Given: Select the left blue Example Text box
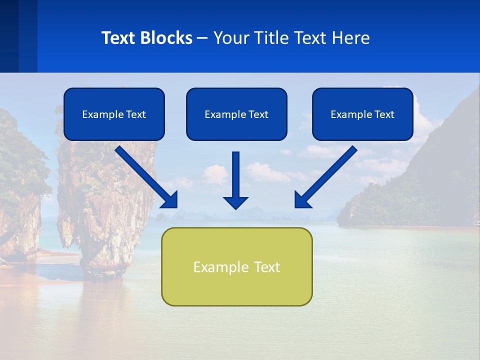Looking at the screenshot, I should (x=114, y=114).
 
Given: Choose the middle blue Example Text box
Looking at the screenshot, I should (x=236, y=114).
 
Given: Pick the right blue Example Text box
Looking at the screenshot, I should (x=362, y=114).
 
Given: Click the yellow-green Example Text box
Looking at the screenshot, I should (x=236, y=266).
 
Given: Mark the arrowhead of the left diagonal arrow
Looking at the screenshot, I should (x=170, y=199).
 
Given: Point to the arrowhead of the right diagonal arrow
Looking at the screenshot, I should (x=302, y=199).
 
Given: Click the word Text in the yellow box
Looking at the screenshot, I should (x=266, y=266).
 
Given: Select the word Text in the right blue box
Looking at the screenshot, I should (x=383, y=114).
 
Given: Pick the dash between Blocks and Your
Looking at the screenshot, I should (x=202, y=38).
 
